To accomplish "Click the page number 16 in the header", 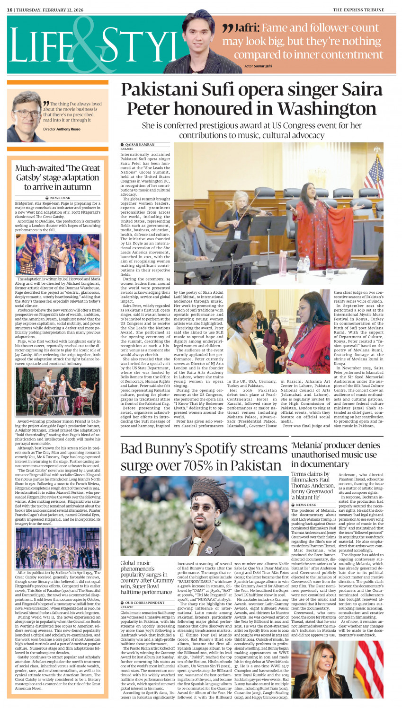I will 9,10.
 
